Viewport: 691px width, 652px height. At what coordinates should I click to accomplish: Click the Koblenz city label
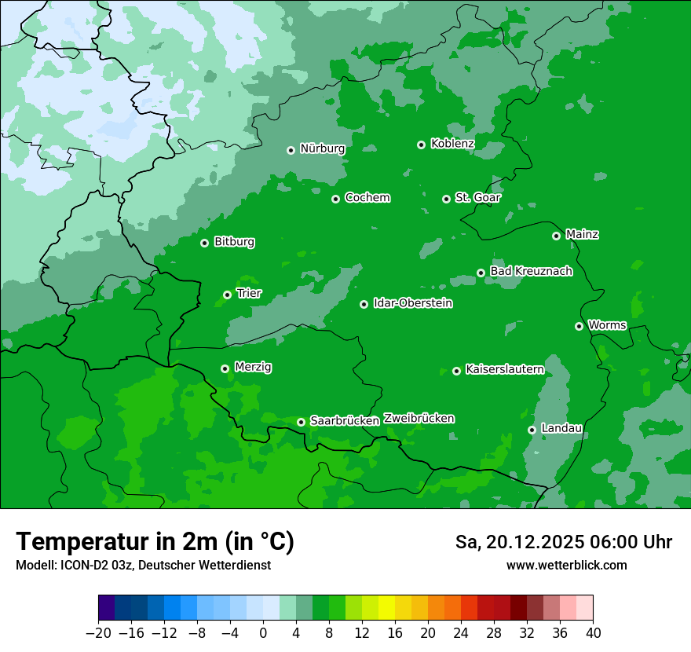click(452, 144)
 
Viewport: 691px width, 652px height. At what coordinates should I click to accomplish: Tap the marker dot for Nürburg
click(291, 149)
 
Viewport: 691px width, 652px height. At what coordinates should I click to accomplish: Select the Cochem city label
click(367, 198)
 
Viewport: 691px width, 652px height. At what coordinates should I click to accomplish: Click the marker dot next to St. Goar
click(446, 199)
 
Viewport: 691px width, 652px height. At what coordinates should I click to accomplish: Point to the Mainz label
click(582, 235)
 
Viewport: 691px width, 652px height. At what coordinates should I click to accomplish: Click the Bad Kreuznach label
click(531, 272)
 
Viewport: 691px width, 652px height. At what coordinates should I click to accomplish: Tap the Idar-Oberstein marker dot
click(364, 304)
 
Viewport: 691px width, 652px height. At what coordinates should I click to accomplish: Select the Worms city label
click(607, 325)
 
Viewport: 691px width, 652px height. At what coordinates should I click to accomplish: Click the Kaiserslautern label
click(504, 370)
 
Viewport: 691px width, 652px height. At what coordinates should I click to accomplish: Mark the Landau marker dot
click(532, 430)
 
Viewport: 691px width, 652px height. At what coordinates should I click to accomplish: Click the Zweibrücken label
click(419, 419)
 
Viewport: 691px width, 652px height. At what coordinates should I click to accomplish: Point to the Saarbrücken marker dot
click(301, 422)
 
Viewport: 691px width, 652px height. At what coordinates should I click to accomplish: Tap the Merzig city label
click(253, 368)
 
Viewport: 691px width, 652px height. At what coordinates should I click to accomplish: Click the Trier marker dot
click(227, 295)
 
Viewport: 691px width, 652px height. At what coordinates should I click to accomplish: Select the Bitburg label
click(234, 242)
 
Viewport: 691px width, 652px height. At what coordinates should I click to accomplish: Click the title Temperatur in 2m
click(155, 542)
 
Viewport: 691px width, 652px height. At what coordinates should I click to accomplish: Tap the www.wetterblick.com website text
click(566, 566)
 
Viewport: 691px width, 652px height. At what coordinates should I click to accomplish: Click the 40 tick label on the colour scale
click(593, 633)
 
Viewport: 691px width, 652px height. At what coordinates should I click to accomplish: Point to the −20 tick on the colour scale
click(99, 633)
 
